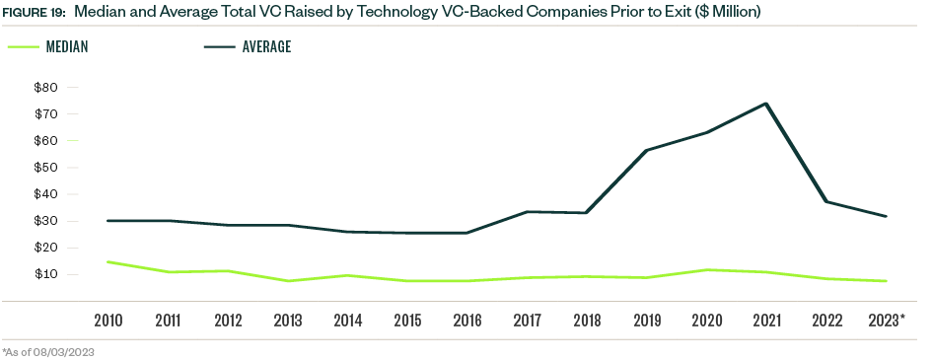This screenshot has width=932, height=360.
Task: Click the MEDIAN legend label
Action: tap(68, 47)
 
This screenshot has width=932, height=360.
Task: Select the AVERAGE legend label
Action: tap(266, 47)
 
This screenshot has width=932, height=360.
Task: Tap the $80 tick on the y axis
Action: tap(45, 88)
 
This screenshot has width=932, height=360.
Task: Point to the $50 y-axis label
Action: tap(45, 168)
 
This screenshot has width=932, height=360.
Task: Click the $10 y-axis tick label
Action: tap(45, 274)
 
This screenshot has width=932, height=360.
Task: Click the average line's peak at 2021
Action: tap(766, 104)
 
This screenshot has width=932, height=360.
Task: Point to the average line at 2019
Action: tap(646, 150)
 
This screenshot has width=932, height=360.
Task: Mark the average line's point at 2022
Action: tap(826, 201)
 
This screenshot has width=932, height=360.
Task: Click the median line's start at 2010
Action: tap(108, 261)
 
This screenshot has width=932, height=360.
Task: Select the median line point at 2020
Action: tap(706, 269)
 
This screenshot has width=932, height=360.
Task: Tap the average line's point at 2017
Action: tap(527, 211)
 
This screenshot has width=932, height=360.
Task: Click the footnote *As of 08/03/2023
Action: tap(48, 351)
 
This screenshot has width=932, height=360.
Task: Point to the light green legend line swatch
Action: tap(24, 47)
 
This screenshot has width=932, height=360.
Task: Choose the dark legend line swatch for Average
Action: tap(220, 47)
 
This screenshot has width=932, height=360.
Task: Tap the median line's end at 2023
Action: tap(887, 281)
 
